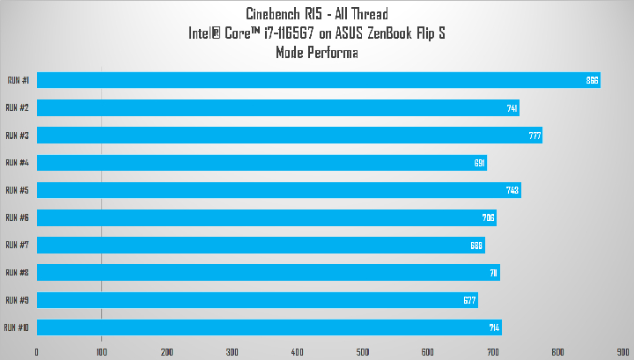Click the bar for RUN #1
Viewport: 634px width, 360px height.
pyautogui.click(x=317, y=80)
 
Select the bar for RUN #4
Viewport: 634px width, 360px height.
pyautogui.click(x=261, y=163)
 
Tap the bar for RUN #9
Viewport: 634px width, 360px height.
pyautogui.click(x=256, y=300)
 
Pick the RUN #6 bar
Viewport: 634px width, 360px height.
pyautogui.click(x=266, y=217)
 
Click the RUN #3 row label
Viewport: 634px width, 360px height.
pyautogui.click(x=18, y=136)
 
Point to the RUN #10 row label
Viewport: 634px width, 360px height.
pyautogui.click(x=17, y=327)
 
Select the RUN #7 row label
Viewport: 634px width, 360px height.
pyautogui.click(x=18, y=245)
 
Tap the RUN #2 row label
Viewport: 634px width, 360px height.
pyautogui.click(x=18, y=107)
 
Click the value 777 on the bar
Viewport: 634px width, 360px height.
pyautogui.click(x=534, y=136)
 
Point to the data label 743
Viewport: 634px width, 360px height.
pyautogui.click(x=513, y=190)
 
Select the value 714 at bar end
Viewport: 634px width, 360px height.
pyautogui.click(x=494, y=327)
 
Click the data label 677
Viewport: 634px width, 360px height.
pyautogui.click(x=470, y=300)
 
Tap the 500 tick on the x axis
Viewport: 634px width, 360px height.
pyautogui.click(x=362, y=352)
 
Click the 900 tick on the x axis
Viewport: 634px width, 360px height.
pyautogui.click(x=623, y=352)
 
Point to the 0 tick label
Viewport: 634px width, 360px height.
pyautogui.click(x=37, y=352)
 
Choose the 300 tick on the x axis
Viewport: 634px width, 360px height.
pyautogui.click(x=232, y=352)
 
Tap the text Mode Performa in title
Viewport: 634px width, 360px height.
pyautogui.click(x=317, y=52)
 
